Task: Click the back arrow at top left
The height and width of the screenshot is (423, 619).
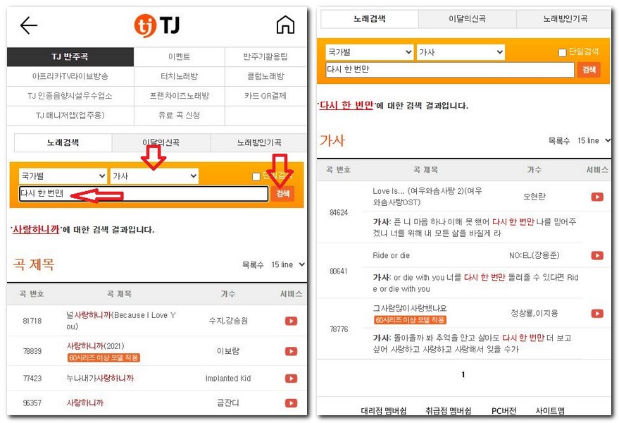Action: point(29,26)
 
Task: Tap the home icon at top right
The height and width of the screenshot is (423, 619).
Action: point(285,25)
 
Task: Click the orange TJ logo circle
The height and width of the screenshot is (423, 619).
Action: point(144,25)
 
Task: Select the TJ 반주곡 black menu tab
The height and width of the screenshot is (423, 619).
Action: point(70,57)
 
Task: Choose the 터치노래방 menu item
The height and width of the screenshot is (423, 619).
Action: point(179,76)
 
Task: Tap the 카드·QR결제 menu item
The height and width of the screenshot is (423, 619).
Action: point(265,96)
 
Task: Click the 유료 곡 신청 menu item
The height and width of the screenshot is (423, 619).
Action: point(179,116)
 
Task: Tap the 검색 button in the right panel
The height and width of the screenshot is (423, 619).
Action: point(588,70)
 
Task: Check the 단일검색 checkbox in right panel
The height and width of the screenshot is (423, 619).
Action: point(562,52)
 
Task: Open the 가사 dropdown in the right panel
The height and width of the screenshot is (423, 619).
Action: point(461,52)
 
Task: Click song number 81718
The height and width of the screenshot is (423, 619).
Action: point(32,321)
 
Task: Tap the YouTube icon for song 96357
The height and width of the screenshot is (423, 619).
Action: point(291,403)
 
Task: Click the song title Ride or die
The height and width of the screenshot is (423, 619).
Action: point(391,255)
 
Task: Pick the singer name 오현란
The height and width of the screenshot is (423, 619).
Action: point(534,197)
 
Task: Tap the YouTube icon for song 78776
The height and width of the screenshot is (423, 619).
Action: point(597,314)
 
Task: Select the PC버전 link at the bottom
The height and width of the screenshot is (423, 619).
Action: point(504,410)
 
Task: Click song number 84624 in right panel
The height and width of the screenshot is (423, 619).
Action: point(339,212)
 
